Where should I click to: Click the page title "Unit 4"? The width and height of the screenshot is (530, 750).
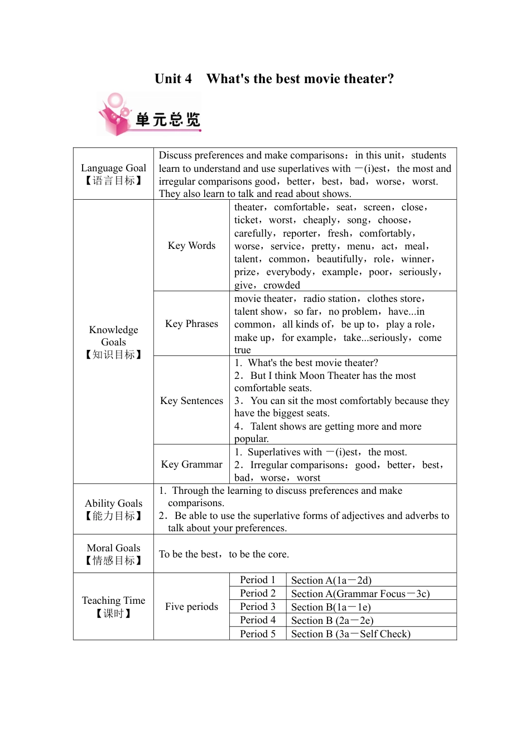pos(173,79)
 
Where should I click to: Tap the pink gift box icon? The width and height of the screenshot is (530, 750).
pos(115,115)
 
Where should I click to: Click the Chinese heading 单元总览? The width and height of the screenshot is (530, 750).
pos(167,119)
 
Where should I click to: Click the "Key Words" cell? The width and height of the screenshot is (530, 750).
pos(191,246)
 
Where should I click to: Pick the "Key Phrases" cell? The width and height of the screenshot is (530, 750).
pos(191,324)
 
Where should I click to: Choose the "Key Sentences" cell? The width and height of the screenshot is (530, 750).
pos(191,401)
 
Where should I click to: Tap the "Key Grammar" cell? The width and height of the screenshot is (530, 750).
pos(191,464)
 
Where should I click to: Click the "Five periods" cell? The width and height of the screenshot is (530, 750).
pos(191,607)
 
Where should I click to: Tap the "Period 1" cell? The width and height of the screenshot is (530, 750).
pos(258,580)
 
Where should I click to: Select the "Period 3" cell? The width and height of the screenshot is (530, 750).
pos(258,607)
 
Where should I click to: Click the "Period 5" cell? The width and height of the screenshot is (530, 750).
pos(258,634)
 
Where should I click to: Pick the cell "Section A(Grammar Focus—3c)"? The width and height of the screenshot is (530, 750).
pos(360,594)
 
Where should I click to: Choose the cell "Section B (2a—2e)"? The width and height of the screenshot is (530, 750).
pos(333,621)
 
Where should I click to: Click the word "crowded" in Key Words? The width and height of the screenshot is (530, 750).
pos(282,285)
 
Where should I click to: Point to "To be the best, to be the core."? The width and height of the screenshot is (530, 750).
pos(224,554)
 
